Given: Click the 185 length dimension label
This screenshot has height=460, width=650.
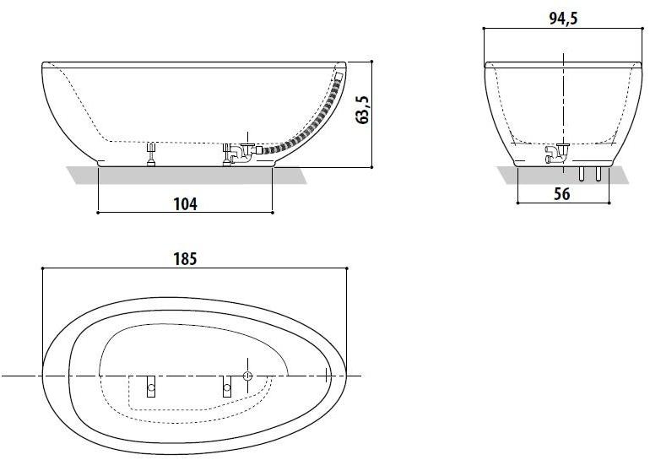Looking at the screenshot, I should pyautogui.click(x=187, y=259).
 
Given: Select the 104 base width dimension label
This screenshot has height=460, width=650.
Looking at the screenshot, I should pyautogui.click(x=186, y=204).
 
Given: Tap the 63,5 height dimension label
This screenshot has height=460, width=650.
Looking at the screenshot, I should pyautogui.click(x=363, y=110).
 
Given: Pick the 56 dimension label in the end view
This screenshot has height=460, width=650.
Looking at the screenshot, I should pyautogui.click(x=561, y=194).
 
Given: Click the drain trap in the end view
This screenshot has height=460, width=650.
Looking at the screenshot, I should pyautogui.click(x=558, y=153).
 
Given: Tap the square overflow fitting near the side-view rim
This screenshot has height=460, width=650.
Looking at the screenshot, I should pyautogui.click(x=339, y=76).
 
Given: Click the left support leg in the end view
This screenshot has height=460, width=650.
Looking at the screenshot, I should pyautogui.click(x=582, y=173).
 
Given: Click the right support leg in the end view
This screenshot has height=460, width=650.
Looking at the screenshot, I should pyautogui.click(x=598, y=173).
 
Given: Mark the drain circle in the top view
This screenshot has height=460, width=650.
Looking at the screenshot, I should pyautogui.click(x=248, y=375).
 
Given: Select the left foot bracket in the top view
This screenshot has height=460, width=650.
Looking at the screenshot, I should pyautogui.click(x=151, y=386).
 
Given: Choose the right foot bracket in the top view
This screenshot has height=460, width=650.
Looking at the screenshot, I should pyautogui.click(x=226, y=386).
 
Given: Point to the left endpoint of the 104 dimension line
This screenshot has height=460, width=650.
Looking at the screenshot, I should pyautogui.click(x=98, y=213).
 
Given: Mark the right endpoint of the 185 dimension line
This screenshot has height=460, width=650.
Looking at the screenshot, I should pyautogui.click(x=347, y=268).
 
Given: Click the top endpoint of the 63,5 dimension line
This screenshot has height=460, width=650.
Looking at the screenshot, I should pyautogui.click(x=371, y=61).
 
